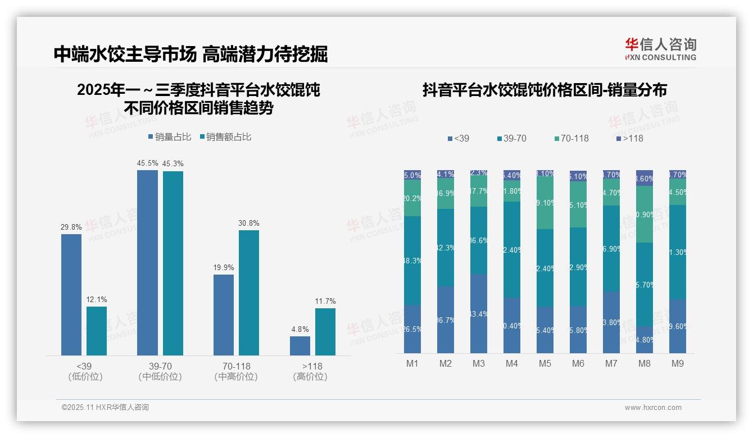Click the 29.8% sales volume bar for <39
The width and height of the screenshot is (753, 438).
tap(71, 294)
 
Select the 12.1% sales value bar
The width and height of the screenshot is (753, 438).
tap(97, 331)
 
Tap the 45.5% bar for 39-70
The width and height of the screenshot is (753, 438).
tap(147, 262)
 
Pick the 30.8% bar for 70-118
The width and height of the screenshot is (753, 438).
tap(249, 293)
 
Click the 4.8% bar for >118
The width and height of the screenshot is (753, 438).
tap(300, 345)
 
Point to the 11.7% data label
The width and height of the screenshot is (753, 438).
tap(325, 302)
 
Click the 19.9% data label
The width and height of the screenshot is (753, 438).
tap(224, 268)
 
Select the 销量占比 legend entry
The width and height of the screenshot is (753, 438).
tap(170, 137)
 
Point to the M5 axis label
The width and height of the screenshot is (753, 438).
tap(545, 363)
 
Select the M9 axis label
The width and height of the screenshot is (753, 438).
tap(678, 363)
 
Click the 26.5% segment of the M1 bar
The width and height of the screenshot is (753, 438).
tap(412, 329)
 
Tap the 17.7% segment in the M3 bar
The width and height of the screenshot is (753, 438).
tap(479, 191)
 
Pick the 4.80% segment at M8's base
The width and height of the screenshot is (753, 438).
tap(645, 340)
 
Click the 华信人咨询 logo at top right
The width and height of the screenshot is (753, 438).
tap(661, 49)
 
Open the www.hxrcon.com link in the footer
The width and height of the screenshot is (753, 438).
tap(653, 408)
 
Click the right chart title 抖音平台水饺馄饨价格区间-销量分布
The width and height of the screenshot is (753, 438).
tap(545, 90)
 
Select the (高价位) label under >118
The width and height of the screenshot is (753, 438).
tap(310, 377)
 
